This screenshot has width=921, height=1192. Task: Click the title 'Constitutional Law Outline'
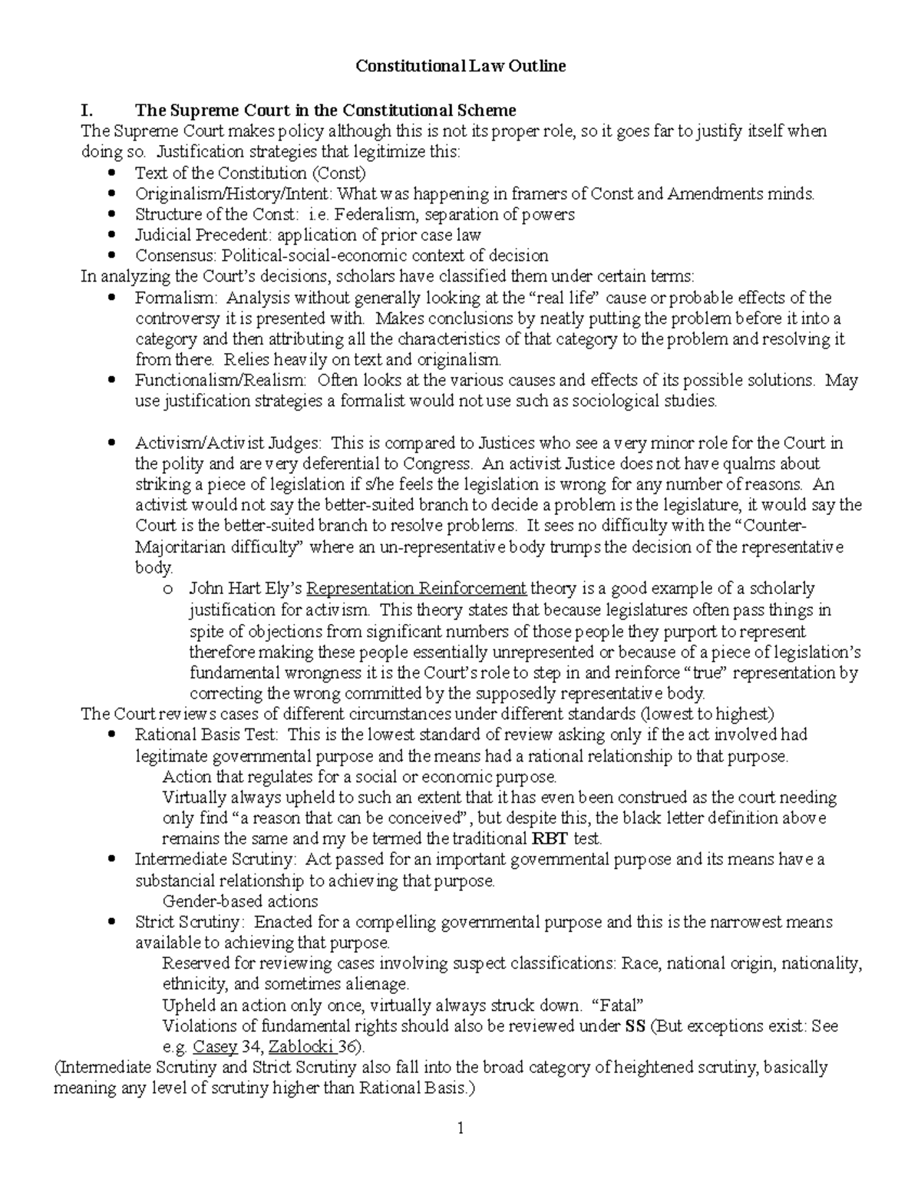click(x=460, y=66)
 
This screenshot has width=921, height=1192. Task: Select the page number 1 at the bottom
click(x=460, y=1128)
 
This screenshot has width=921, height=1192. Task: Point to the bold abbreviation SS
click(x=635, y=1026)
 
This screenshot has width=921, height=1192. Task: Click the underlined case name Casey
click(x=215, y=1047)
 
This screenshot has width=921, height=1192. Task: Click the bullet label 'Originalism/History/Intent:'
click(x=235, y=193)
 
